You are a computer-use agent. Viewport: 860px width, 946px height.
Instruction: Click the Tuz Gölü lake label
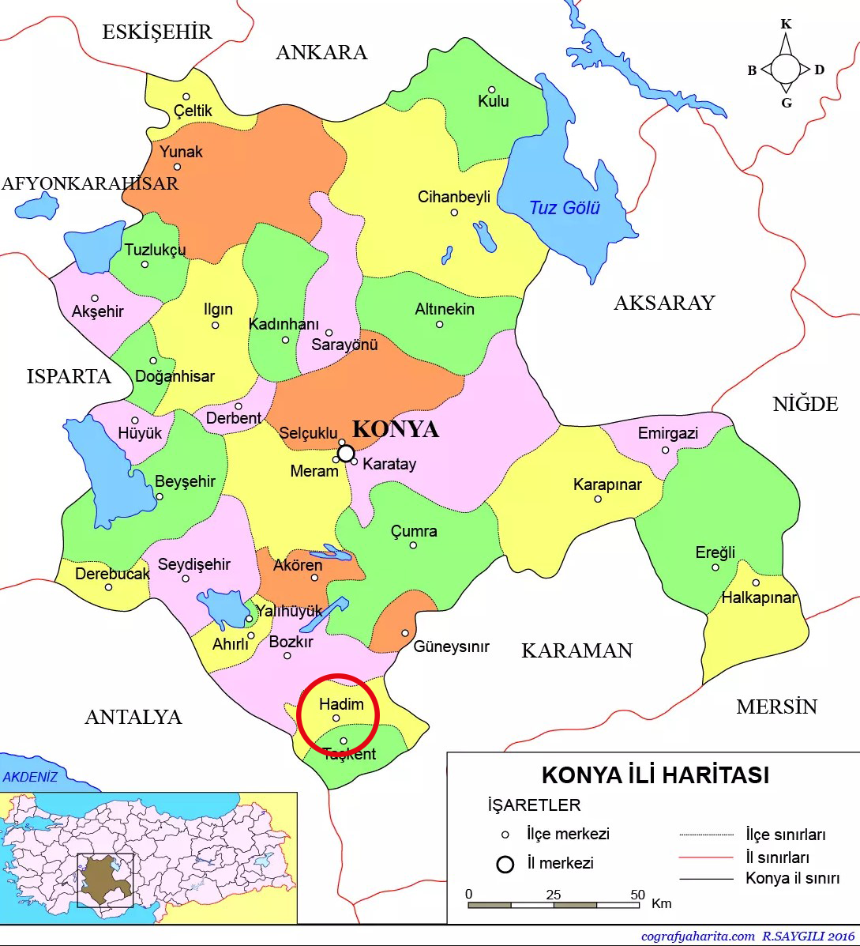[564, 208]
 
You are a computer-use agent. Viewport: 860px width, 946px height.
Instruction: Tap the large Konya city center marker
[346, 453]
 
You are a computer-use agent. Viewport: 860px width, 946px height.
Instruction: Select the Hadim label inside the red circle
[341, 703]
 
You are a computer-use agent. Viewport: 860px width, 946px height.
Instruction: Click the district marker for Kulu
[491, 90]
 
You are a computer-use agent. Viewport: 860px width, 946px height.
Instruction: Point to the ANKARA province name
[321, 52]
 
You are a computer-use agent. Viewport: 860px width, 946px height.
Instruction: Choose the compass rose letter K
[786, 24]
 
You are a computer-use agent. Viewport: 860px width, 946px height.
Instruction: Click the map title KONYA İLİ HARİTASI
[655, 775]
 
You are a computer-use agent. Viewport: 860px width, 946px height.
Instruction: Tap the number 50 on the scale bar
[638, 895]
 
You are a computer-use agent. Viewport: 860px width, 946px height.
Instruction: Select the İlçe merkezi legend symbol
[505, 835]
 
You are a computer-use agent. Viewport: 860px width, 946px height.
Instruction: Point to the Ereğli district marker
[715, 567]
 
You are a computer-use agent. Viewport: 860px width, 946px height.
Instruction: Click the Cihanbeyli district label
[454, 197]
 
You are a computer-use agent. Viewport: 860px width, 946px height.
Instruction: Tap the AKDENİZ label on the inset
[30, 777]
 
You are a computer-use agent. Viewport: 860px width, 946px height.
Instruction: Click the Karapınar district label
[607, 484]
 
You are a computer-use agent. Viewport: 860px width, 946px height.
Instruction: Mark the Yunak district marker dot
[177, 167]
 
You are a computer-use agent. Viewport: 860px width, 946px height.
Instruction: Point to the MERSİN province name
[776, 707]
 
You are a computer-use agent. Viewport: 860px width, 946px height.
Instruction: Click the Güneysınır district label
[451, 646]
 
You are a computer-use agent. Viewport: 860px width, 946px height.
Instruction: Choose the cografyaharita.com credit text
[697, 937]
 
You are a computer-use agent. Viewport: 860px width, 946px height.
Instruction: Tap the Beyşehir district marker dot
[160, 497]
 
